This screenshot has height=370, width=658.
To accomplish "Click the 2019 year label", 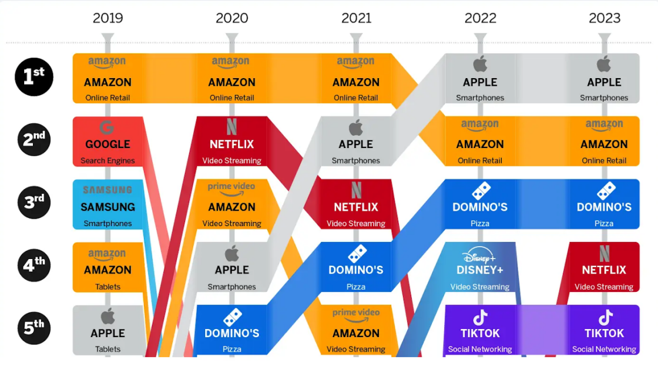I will coord(108,18).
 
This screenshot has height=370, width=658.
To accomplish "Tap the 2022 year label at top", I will coord(480,18).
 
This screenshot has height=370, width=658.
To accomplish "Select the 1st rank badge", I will coord(34,76).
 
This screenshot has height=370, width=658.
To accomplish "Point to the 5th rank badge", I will coord(34,327).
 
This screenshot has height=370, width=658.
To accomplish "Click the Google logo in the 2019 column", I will coord(107,127).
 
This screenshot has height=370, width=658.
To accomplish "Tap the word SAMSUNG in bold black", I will coord(108,207).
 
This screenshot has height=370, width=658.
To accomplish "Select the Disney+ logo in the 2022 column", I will coord(479,256).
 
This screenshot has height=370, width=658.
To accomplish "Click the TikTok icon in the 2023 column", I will coord(605,318).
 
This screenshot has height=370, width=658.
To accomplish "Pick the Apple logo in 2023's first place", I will coord(604,64).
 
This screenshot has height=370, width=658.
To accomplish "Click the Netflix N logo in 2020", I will coord(231,127).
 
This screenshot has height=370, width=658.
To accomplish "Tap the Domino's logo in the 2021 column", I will coord(356,254).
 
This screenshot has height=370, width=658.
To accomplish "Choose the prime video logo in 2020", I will coord(231,188).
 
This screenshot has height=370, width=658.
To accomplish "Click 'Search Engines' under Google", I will coord(108,160).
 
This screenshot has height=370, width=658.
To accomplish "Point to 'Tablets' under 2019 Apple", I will coord(108,349).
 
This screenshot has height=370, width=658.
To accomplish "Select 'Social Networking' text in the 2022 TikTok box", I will coord(480,349).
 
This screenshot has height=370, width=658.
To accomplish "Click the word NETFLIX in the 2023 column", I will coord(604,270).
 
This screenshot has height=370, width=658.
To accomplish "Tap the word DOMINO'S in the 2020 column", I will coord(231,333).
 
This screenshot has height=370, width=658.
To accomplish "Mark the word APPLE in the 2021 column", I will coord(356,144).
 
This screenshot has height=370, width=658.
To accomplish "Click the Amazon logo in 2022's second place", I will coord(480,125).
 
